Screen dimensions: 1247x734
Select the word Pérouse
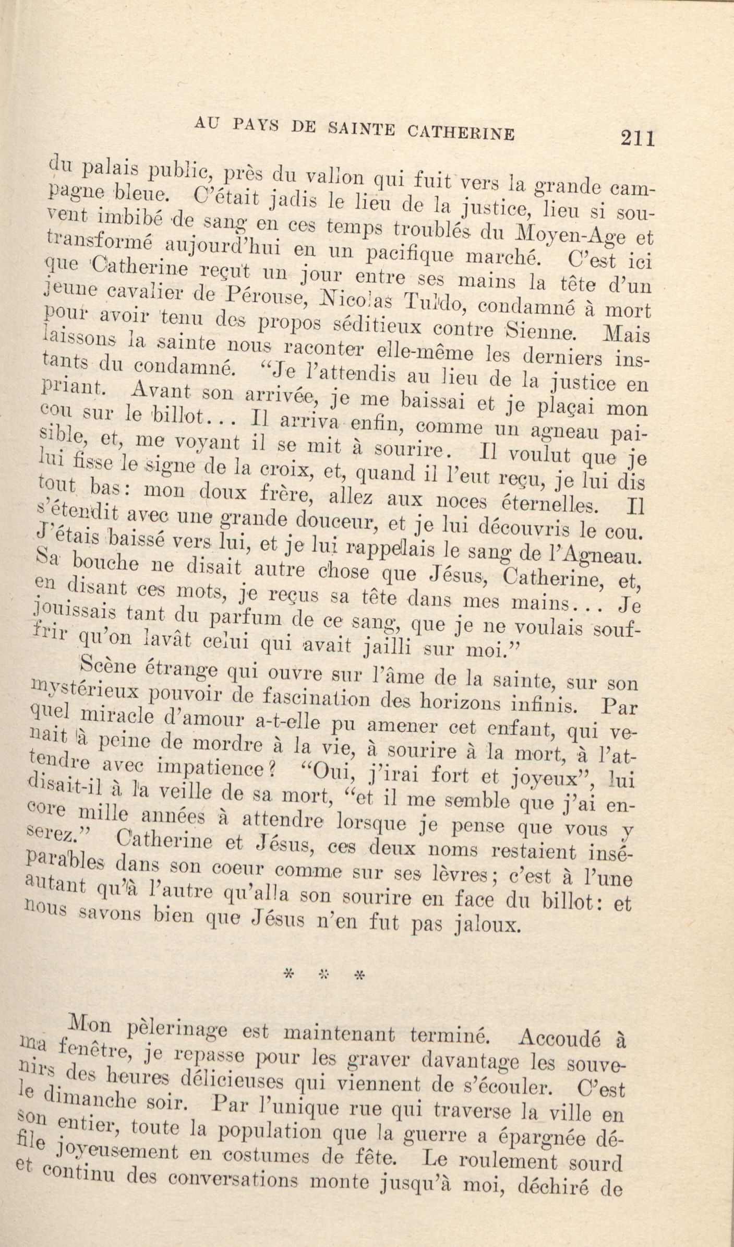pos(260,302)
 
